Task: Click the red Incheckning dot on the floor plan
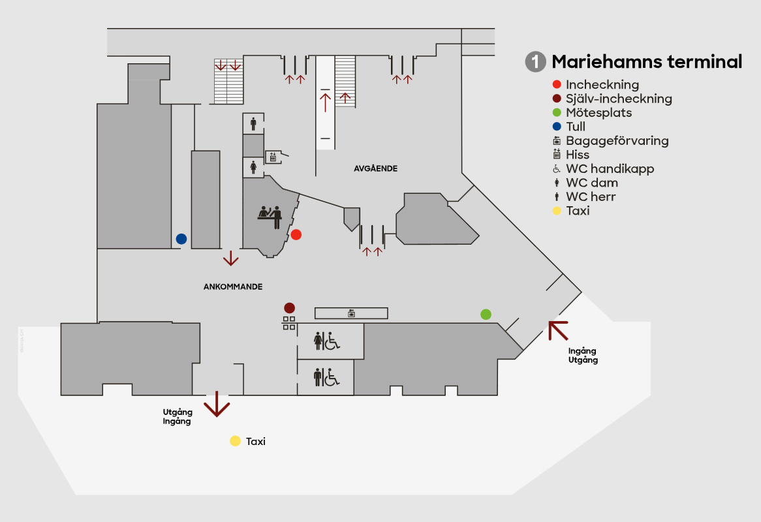point(296,234)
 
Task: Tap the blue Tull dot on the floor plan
point(181,239)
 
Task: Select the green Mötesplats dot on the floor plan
point(486,315)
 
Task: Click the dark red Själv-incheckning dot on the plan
point(289,307)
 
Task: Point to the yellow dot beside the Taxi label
point(235,441)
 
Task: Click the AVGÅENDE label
point(375,168)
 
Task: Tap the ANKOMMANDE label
point(233,286)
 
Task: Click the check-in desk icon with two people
point(270,217)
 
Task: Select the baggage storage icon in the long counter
point(351,313)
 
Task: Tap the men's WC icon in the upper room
point(253,123)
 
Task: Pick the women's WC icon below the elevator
point(253,168)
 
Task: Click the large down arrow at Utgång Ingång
point(217,405)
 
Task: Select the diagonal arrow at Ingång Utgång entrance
point(557,330)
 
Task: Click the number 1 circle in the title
point(535,62)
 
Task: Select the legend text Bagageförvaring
point(617,140)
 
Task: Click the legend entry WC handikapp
point(610,168)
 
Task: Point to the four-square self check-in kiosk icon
point(289,322)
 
